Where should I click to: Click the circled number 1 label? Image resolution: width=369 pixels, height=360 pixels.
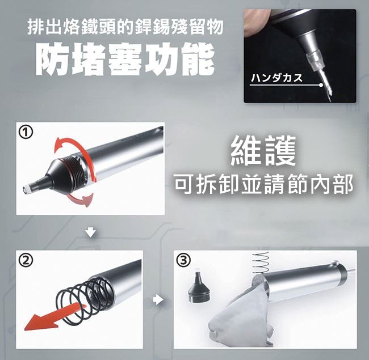pyautogui.click(x=26, y=133)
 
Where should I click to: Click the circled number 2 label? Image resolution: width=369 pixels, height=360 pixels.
pyautogui.click(x=26, y=260)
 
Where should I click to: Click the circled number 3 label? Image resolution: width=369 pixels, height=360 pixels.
pyautogui.click(x=184, y=260)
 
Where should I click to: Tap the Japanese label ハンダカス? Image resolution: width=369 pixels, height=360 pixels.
pyautogui.click(x=277, y=78)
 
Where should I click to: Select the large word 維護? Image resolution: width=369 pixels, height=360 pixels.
pyautogui.click(x=263, y=151)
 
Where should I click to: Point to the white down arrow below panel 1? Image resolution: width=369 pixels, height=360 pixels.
pyautogui.click(x=91, y=232)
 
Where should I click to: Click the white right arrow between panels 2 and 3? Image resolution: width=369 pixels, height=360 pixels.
pyautogui.click(x=158, y=300)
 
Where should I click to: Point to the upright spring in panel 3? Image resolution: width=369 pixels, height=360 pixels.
pyautogui.click(x=260, y=262)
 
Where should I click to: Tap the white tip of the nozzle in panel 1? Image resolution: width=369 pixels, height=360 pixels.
pyautogui.click(x=27, y=189)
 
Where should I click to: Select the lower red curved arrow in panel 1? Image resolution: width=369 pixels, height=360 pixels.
pyautogui.click(x=80, y=198)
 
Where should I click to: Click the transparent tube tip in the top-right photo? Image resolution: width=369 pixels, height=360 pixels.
pyautogui.click(x=315, y=61)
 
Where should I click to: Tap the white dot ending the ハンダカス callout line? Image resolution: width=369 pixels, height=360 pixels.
pyautogui.click(x=321, y=85)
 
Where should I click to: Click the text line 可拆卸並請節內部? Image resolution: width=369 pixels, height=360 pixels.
pyautogui.click(x=263, y=184)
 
